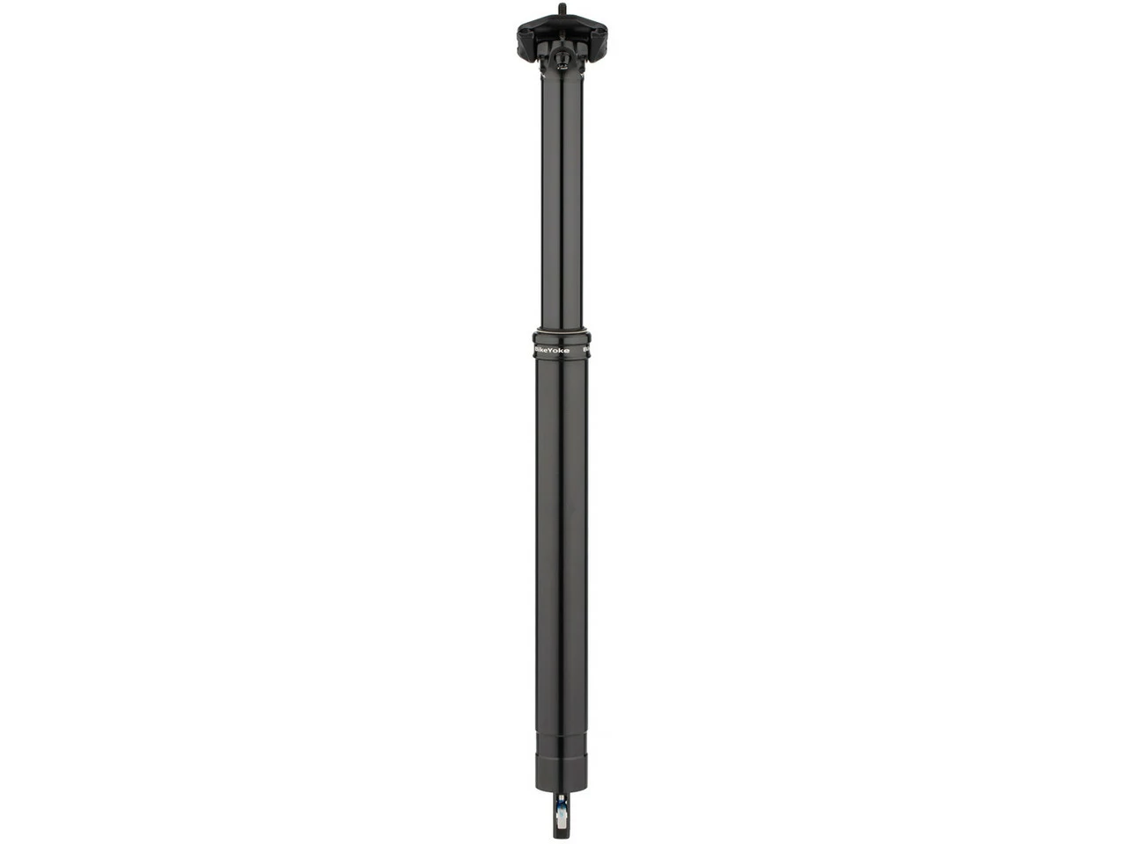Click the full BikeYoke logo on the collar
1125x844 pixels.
click(552, 350)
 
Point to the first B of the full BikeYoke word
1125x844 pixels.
click(538, 350)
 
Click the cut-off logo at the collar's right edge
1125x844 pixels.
click(586, 350)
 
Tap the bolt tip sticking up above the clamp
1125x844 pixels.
click(562, 9)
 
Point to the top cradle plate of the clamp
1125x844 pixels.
click(562, 25)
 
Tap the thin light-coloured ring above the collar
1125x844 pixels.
click(562, 331)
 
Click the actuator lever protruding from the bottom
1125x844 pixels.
click(561, 818)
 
